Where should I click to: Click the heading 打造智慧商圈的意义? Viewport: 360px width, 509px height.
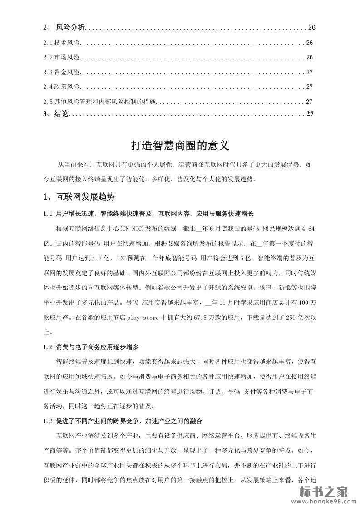180,146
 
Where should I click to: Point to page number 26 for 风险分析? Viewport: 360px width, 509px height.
311,28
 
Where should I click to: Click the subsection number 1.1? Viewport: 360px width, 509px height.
48,213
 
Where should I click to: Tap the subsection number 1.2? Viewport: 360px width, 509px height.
48,347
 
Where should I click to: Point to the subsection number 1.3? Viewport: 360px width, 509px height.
48,421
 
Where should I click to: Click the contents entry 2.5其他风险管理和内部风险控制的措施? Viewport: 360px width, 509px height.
100,102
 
